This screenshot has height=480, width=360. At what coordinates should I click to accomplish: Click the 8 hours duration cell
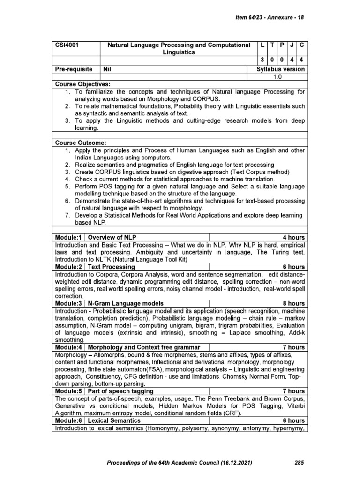point(293,303)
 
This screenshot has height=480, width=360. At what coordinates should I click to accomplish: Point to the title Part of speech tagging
point(120,391)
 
